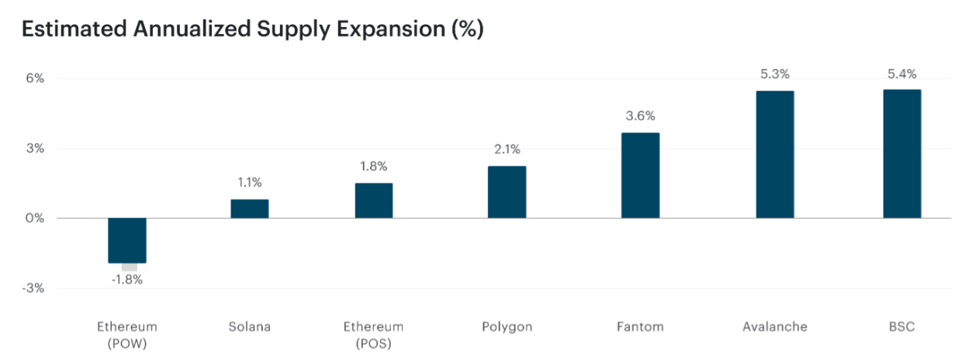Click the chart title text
click(x=253, y=29)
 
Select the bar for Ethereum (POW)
click(x=127, y=241)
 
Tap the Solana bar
click(x=250, y=209)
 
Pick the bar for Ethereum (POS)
click(x=374, y=201)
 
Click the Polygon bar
click(x=507, y=192)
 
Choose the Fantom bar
click(x=640, y=175)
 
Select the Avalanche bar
click(x=774, y=154)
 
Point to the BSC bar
click(x=902, y=154)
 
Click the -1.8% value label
click(x=127, y=280)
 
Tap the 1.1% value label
click(x=250, y=183)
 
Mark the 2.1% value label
click(x=507, y=150)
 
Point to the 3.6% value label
click(x=640, y=116)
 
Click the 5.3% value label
click(x=774, y=74)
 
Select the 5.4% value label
click(x=902, y=74)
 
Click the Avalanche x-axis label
click(x=774, y=327)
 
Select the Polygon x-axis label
click(x=507, y=327)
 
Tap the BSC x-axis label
click(x=902, y=327)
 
